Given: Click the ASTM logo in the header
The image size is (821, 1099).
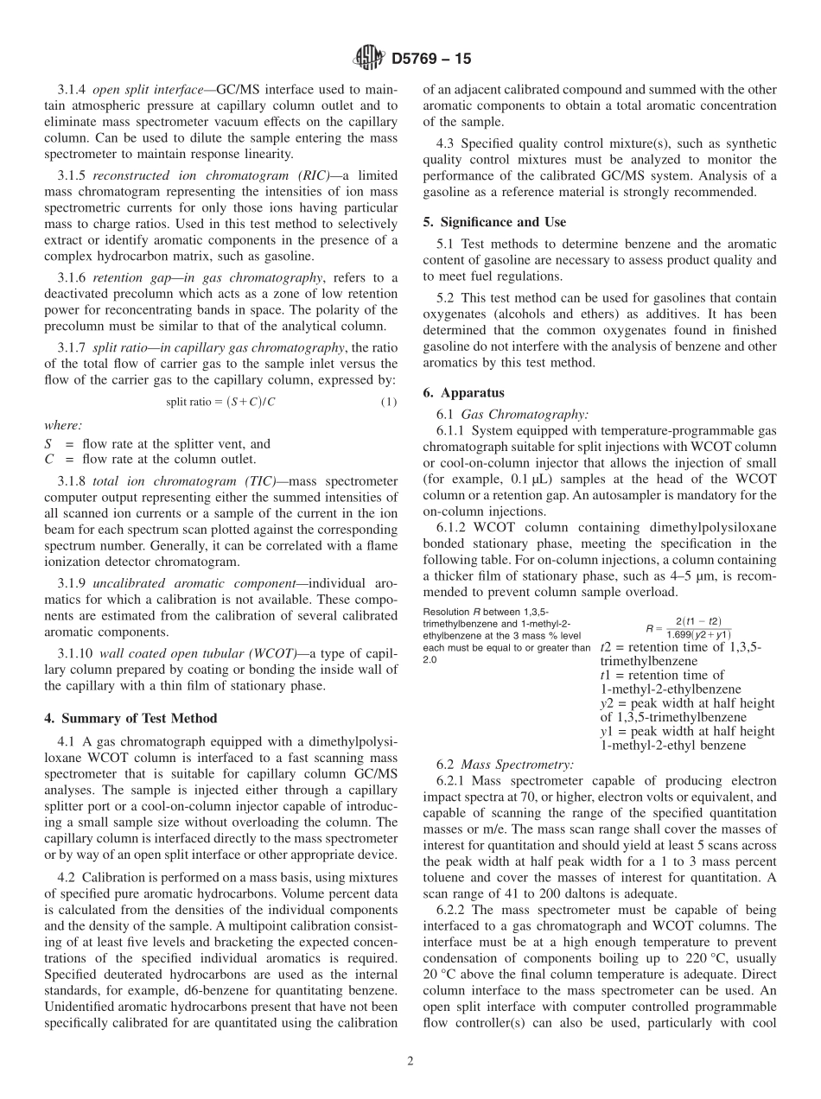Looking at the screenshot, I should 368,59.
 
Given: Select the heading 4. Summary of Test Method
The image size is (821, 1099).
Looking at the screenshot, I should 130,718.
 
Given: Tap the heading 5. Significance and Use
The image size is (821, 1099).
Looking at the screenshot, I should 494,222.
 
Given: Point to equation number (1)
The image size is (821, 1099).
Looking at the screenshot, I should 389,402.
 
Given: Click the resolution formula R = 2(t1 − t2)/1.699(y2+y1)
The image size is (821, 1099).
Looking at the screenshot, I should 688,627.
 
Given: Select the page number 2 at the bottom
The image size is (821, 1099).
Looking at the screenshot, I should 410,1062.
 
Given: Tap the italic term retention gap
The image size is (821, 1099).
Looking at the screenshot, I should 124,277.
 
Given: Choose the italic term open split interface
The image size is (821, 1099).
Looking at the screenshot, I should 141,90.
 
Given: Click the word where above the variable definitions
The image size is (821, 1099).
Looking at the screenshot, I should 63,425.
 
